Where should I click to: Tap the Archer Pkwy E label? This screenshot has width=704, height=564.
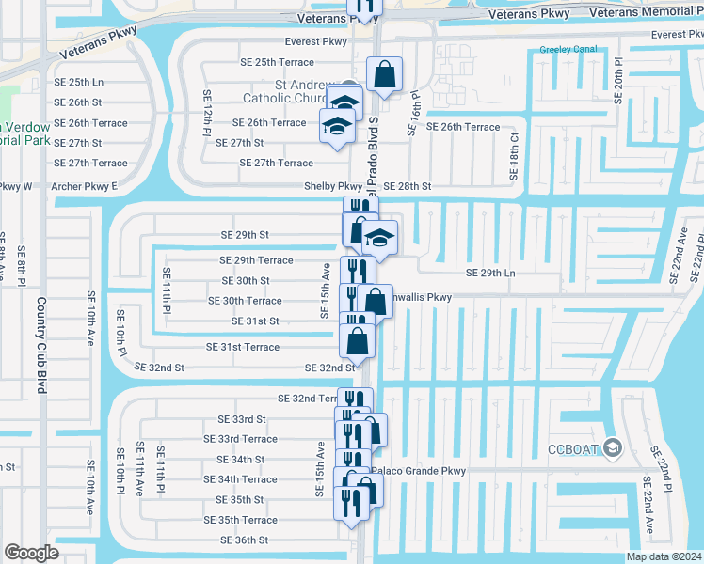(85, 186)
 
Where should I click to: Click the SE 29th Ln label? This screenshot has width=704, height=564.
(491, 273)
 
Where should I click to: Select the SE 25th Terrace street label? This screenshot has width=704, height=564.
(271, 62)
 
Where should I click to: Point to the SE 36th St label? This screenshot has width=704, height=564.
(245, 540)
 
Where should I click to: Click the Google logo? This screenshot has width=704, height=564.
(32, 553)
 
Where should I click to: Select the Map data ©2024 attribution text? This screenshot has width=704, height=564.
(664, 556)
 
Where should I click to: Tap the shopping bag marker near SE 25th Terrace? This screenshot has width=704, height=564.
(385, 74)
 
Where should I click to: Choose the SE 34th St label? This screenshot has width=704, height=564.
(242, 460)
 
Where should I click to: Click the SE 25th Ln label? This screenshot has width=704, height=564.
(79, 82)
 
